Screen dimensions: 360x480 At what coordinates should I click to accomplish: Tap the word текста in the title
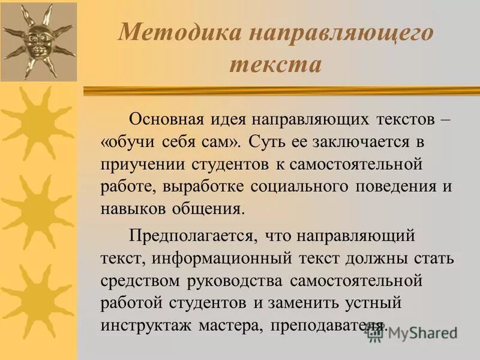pyautogui.click(x=275, y=64)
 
